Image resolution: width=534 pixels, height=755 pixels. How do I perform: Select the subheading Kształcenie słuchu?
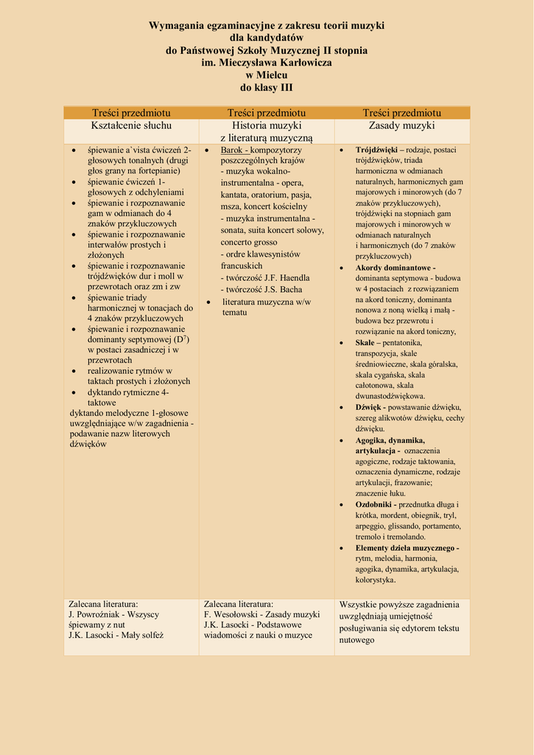click(131, 125)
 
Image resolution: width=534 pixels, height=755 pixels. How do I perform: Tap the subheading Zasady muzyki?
click(401, 125)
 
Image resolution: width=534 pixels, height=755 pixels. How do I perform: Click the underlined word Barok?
click(233, 150)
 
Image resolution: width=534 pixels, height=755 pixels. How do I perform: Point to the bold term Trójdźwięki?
click(376, 150)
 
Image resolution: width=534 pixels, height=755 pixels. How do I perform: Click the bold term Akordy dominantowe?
click(394, 267)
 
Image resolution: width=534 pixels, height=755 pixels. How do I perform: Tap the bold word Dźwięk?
click(368, 407)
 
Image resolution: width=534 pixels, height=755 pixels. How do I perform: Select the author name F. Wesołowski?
click(232, 613)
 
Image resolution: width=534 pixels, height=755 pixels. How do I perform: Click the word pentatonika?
click(401, 343)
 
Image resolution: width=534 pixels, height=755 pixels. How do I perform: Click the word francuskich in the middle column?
click(241, 265)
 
